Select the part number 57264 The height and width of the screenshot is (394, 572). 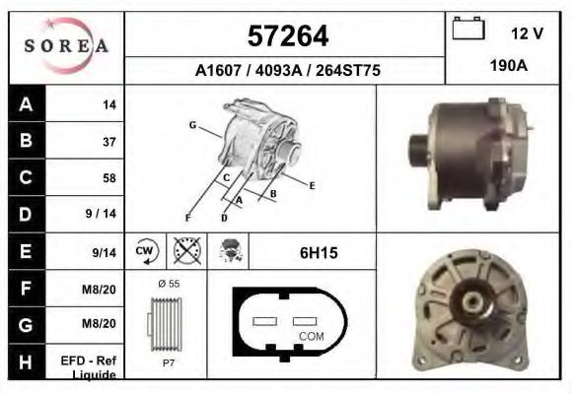coord(286,36)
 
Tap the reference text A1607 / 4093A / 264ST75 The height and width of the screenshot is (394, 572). coord(286,71)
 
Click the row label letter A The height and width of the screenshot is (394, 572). coord(25,104)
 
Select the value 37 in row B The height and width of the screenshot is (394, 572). coord(108,141)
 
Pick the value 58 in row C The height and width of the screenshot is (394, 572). coord(108,178)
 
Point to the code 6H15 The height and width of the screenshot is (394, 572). coord(319,253)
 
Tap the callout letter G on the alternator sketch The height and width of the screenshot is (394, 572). coord(192,125)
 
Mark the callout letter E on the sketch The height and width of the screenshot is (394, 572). coord(311,184)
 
